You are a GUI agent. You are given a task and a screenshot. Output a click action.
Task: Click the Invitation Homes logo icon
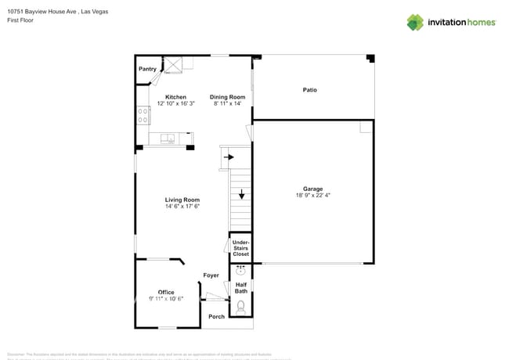click(415, 22)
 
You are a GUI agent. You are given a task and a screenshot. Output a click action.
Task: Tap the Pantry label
click(147, 69)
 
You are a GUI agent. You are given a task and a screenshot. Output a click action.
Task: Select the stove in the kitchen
click(143, 115)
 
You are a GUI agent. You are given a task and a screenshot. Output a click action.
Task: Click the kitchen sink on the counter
click(168, 139)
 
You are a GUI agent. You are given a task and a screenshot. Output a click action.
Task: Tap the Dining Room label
click(227, 97)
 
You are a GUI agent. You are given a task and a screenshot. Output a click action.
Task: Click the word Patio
click(310, 90)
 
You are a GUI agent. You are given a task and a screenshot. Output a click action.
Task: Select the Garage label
click(313, 189)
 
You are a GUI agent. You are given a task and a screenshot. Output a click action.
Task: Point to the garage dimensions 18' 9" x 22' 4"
click(313, 196)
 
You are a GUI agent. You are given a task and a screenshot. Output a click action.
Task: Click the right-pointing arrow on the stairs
click(229, 157)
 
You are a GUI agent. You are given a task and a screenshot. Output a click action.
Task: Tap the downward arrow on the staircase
click(242, 195)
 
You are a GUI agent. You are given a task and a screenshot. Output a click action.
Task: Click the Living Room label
click(182, 200)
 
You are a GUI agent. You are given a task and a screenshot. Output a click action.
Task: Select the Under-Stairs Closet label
click(241, 248)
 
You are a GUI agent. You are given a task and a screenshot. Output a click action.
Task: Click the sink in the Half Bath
click(241, 272)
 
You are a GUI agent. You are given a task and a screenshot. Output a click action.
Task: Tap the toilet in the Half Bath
click(241, 306)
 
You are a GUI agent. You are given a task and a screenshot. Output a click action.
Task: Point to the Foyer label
click(211, 275)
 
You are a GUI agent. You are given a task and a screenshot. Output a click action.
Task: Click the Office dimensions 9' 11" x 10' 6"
click(166, 299)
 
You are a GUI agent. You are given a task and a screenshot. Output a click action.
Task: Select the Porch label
click(216, 316)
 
